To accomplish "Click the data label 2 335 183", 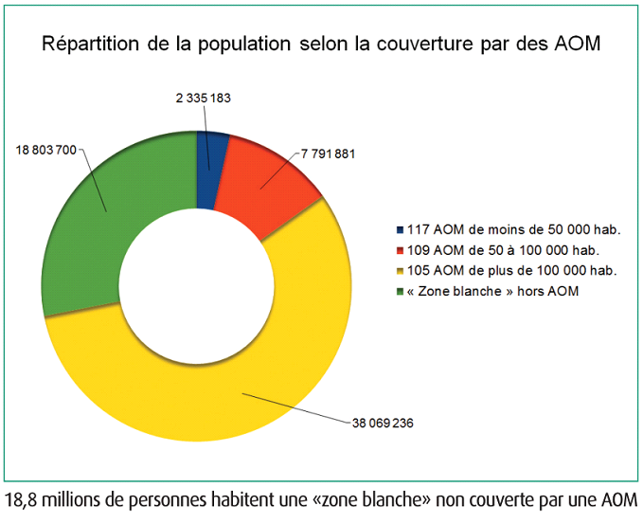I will pos(204,98).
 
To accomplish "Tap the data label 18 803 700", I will pos(46,150).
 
